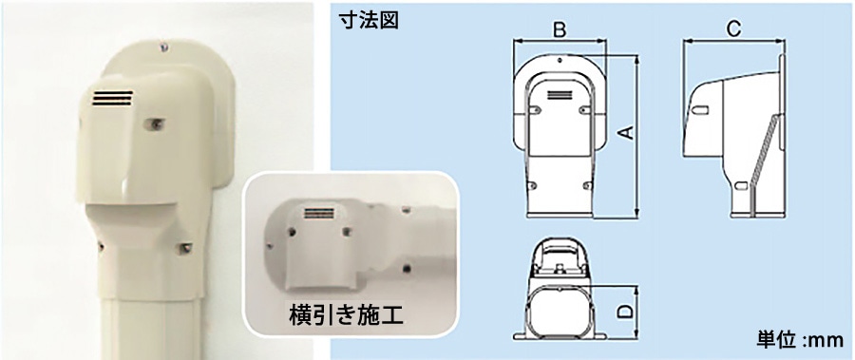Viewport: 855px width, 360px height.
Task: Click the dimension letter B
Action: [560, 30]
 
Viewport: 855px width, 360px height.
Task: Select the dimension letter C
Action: [734, 30]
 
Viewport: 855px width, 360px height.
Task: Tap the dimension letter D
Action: [627, 311]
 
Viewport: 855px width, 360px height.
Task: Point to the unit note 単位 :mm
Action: [800, 340]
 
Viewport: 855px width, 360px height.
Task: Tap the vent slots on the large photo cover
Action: [112, 98]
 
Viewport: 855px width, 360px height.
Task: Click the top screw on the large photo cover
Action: [162, 48]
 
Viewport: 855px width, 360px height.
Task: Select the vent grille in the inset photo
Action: [321, 214]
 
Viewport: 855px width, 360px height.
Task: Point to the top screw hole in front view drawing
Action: [560, 60]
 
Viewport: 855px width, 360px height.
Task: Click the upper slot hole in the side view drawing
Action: [702, 110]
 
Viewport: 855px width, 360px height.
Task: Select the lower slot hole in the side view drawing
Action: [740, 186]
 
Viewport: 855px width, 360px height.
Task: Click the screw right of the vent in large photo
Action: [153, 124]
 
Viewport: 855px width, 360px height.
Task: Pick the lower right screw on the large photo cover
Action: [185, 249]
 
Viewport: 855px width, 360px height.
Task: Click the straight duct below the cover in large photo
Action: [152, 327]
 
